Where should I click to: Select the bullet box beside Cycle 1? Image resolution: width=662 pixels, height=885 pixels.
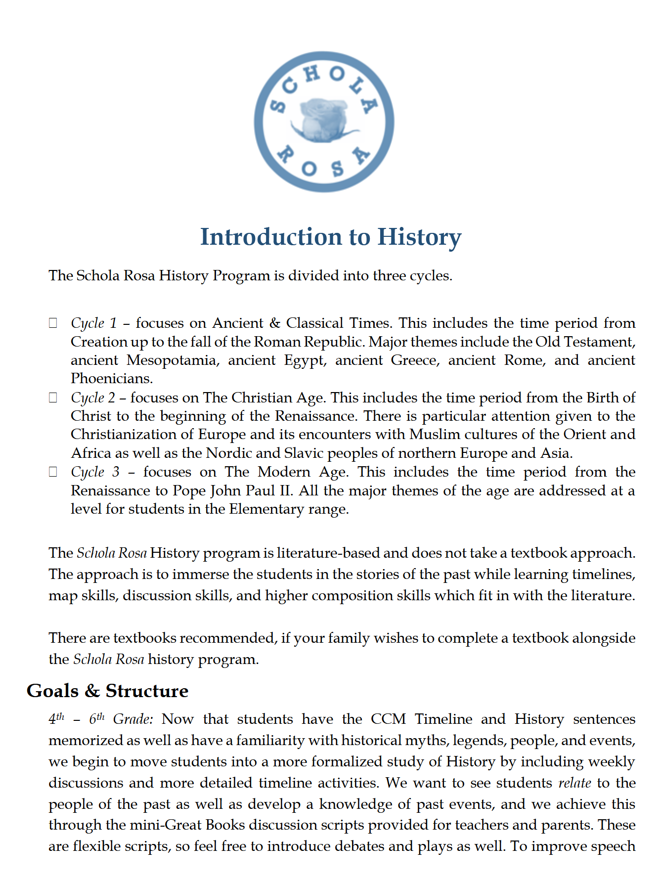coord(53,323)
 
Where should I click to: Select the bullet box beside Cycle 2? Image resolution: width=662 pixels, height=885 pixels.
coord(53,398)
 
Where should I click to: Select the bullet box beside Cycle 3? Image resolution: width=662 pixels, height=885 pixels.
coord(53,472)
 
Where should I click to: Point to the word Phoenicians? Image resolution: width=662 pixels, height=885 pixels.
coord(112,379)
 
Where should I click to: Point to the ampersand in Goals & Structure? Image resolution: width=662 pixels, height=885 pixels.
coord(92,691)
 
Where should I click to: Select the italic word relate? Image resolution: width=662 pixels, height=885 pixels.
coord(574,783)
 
